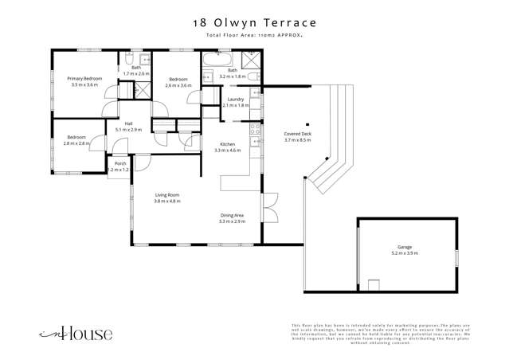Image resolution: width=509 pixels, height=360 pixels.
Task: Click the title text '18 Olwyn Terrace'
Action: (x=254, y=24)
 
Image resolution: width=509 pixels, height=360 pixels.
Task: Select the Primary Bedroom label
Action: (x=84, y=78)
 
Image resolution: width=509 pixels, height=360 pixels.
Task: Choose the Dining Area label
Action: (x=233, y=215)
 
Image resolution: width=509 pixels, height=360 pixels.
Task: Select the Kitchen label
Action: (x=227, y=144)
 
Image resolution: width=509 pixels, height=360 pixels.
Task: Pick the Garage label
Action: (x=405, y=248)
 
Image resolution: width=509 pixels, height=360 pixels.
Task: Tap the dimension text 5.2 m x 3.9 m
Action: (x=405, y=253)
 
